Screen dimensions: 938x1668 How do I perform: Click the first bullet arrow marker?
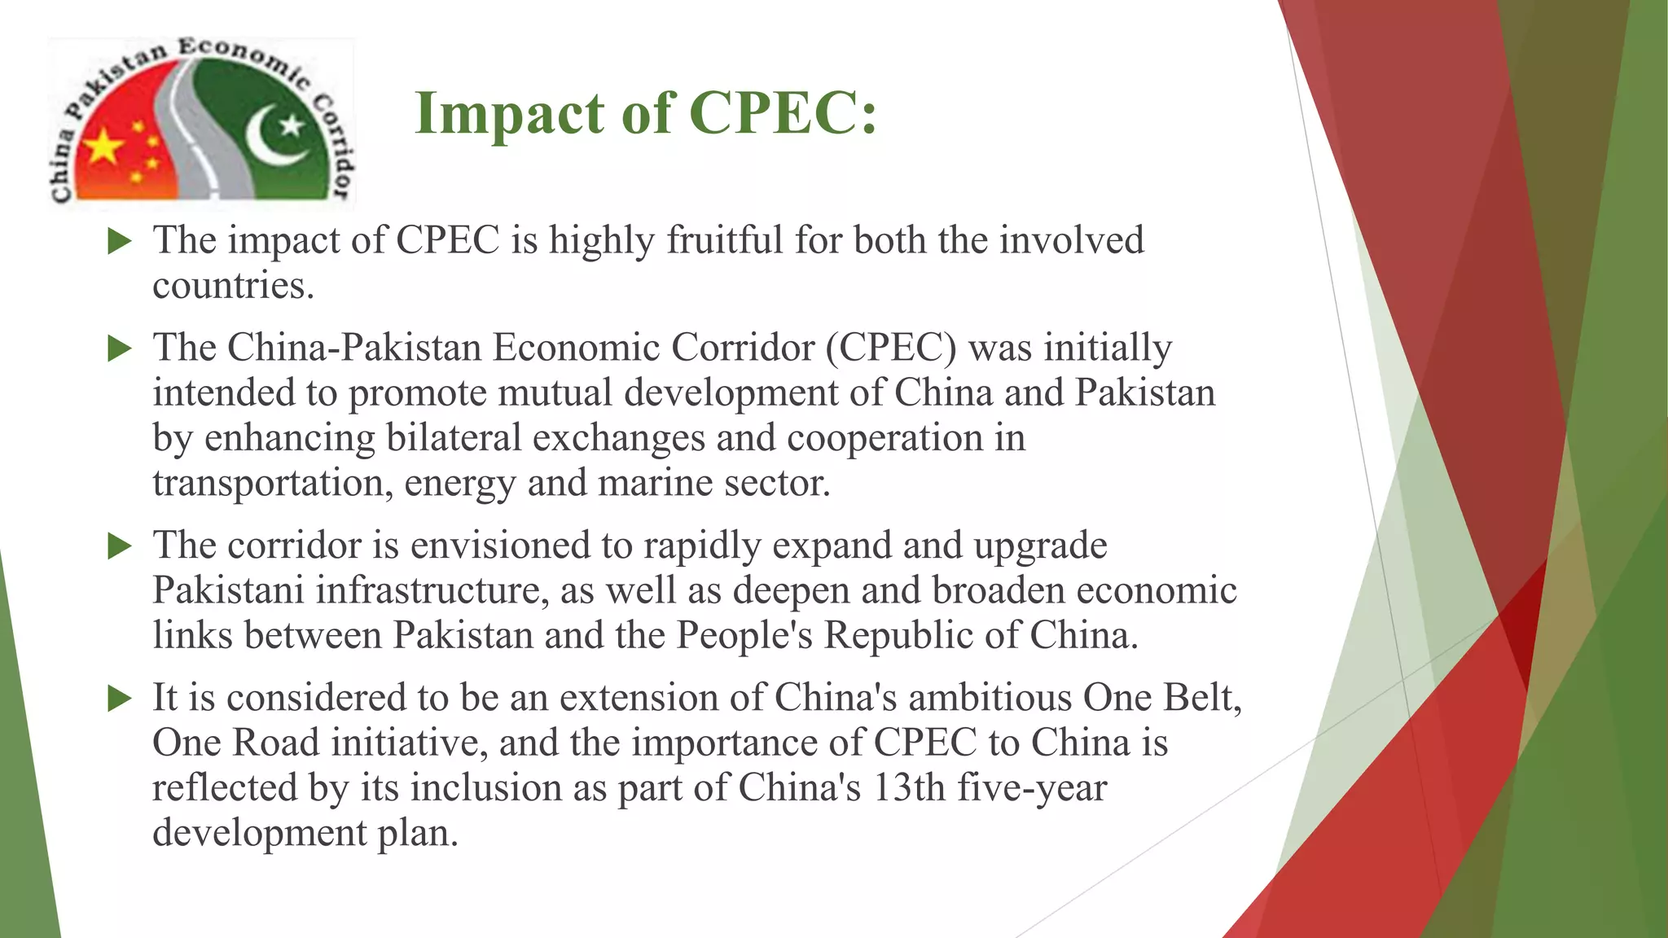[x=120, y=241]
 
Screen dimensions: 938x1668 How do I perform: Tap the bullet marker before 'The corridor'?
[x=120, y=546]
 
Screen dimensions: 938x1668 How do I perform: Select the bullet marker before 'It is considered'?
[x=120, y=699]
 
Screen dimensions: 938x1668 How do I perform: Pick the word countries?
[x=233, y=285]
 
